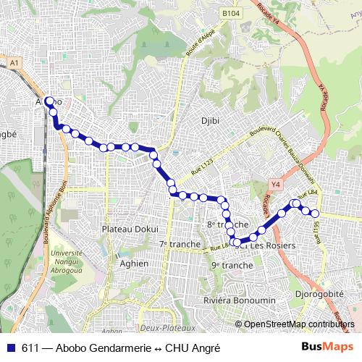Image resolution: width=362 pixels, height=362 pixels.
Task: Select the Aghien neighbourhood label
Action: (135, 264)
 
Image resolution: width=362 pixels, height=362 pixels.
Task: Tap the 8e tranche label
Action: (223, 224)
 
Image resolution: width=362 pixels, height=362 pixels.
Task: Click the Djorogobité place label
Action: (319, 295)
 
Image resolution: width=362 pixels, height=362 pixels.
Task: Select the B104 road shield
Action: (231, 14)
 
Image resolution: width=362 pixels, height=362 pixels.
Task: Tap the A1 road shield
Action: (14, 64)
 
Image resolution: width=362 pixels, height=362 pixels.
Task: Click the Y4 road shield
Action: (274, 185)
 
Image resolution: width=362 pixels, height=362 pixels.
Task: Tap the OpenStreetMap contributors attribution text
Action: (298, 324)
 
